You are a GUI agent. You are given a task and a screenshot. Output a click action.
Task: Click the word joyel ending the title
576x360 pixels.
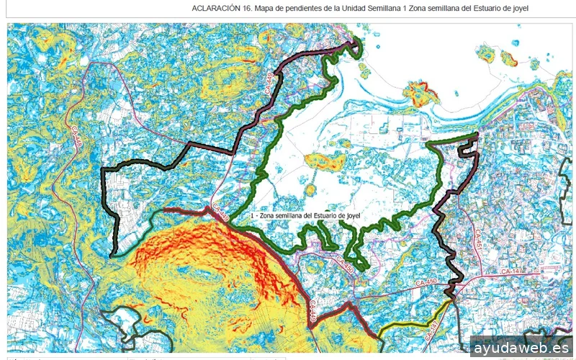pos(520,9)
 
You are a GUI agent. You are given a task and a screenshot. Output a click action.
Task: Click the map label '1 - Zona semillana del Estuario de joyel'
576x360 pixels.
pos(304,215)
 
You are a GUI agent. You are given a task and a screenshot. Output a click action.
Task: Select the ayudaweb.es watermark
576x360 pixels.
pos(521,348)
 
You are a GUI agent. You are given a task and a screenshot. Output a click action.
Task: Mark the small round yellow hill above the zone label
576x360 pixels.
pos(310,190)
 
